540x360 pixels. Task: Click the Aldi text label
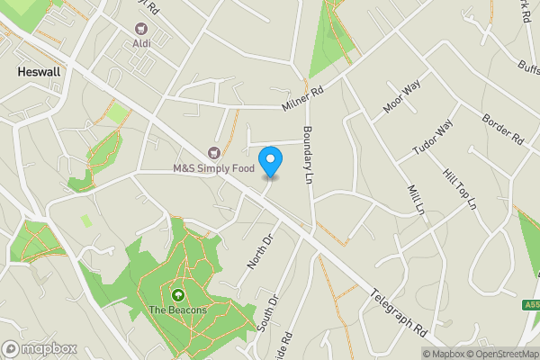[141, 43]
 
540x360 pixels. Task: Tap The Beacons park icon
[177, 294]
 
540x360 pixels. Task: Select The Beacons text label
[177, 310]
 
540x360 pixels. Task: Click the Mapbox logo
[38, 348]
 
